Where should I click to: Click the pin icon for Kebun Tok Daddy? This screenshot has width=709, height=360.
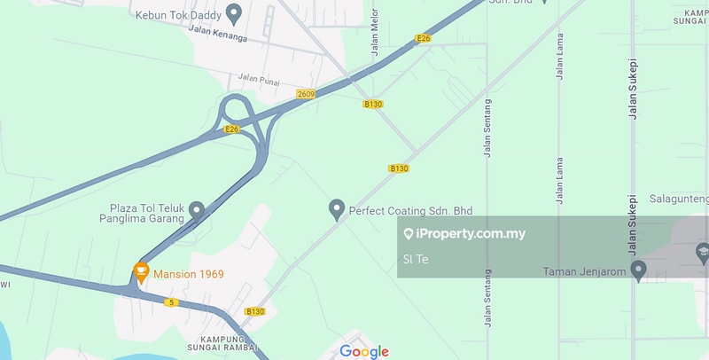coord(234,13)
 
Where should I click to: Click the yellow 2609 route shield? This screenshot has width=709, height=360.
coord(307,94)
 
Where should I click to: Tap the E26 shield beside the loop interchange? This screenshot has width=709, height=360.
coord(232,129)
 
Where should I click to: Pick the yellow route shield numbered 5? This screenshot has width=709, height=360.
coord(171,302)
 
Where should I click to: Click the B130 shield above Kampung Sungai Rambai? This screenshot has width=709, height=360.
coord(254,311)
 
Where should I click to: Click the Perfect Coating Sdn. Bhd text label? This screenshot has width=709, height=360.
coord(410,211)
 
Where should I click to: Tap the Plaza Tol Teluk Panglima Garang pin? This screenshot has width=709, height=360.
coord(197,210)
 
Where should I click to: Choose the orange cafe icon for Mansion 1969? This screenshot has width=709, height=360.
coord(140,270)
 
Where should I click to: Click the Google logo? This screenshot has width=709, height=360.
coord(364,351)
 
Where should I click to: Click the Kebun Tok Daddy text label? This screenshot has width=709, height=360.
coord(175,15)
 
